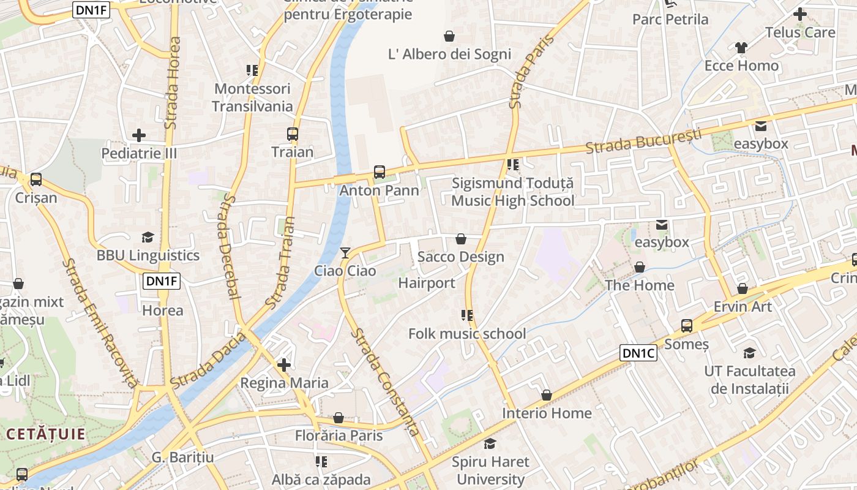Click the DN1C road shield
pos(638,353)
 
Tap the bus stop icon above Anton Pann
pos(380,172)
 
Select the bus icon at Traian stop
pos(293,134)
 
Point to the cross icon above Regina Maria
pos(284,365)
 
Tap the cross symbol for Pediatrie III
pos(139,135)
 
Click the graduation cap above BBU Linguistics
pos(148,238)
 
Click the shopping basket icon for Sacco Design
pos(461,239)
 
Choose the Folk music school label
pos(467,334)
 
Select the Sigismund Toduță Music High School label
pos(513,192)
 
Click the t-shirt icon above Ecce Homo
pos(741,48)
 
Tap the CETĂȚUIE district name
pos(45,434)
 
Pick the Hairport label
pos(427,283)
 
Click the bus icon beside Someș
pos(687,326)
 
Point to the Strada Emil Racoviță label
pos(100,322)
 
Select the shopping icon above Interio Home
pos(547,396)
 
